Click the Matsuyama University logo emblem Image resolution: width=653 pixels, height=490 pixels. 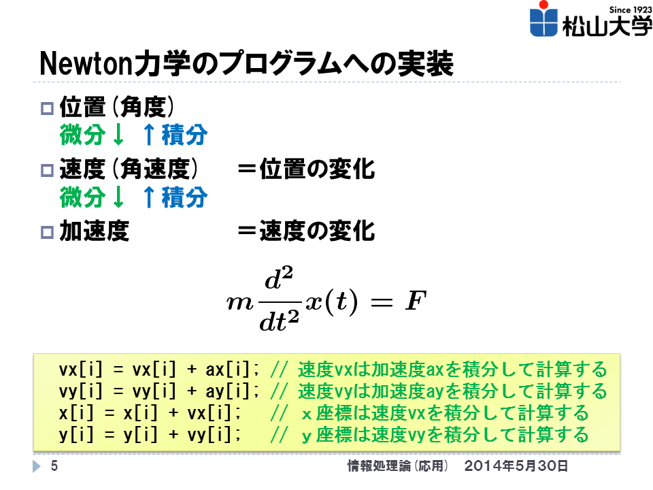tap(543, 19)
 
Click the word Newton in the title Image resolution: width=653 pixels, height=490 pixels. tap(86, 64)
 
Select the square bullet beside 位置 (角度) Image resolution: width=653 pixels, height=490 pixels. tap(47, 108)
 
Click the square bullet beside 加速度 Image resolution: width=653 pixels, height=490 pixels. tap(47, 232)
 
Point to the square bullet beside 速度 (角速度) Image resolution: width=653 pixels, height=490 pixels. tap(47, 170)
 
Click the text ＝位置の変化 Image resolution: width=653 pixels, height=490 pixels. tap(307, 169)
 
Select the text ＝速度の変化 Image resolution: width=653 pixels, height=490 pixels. tap(307, 231)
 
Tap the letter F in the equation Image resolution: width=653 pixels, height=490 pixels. tap(416, 300)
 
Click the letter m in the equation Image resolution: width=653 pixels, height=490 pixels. tap(240, 303)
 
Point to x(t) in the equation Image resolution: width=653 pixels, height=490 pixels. tap(331, 301)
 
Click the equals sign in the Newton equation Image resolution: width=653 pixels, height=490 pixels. tap(382, 302)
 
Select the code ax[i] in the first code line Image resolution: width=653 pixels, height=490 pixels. tap(227, 370)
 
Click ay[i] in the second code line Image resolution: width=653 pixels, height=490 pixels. tap(227, 391)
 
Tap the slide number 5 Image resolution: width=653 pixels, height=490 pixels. tap(54, 465)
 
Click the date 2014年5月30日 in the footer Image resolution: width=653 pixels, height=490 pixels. tap(516, 465)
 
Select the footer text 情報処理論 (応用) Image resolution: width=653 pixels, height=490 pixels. tap(398, 465)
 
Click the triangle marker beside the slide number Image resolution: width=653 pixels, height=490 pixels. tap(37, 465)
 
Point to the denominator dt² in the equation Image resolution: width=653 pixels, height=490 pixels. tap(279, 321)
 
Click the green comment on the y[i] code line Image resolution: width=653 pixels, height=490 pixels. tap(430, 435)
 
